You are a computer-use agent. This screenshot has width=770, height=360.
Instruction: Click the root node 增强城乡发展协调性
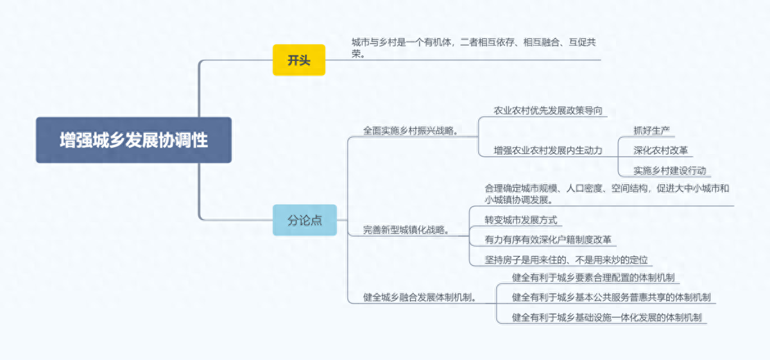[x=133, y=140]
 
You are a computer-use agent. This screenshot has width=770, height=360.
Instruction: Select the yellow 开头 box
[x=299, y=60]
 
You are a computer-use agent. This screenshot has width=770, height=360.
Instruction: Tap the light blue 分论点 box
[x=304, y=219]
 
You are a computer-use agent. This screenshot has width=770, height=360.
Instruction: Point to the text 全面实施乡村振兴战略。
[x=411, y=130]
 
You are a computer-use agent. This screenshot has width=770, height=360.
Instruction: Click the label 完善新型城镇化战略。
[x=406, y=230]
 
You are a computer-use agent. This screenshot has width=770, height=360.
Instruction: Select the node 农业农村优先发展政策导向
[x=548, y=110]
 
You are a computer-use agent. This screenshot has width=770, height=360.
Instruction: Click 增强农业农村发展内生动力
[x=548, y=150]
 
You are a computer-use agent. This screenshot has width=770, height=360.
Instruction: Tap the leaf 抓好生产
[x=651, y=130]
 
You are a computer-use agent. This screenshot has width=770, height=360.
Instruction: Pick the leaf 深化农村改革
[x=660, y=150]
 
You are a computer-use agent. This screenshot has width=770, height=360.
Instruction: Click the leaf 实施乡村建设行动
[x=669, y=170]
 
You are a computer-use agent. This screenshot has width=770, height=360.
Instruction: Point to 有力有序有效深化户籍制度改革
[x=548, y=239]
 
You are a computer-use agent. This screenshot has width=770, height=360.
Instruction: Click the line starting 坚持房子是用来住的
[x=566, y=260]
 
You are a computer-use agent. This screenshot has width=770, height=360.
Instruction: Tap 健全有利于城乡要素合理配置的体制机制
[x=592, y=278]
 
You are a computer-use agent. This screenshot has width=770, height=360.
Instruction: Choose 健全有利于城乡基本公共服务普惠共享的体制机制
[x=611, y=298]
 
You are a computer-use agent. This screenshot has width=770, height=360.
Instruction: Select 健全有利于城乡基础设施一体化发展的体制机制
[x=606, y=318]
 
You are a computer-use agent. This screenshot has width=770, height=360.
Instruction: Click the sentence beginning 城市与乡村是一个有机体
[x=474, y=42]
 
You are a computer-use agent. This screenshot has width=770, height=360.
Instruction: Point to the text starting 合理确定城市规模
[x=606, y=189]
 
